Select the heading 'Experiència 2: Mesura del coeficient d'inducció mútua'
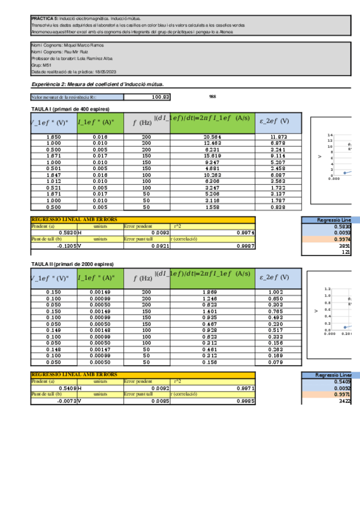tap(98, 85)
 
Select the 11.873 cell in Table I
tap(274, 137)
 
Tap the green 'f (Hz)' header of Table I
tap(146, 122)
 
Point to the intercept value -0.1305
tap(66, 245)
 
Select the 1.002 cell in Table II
tap(274, 292)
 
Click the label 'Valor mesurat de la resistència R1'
tap(63, 97)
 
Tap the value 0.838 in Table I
tap(274, 207)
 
